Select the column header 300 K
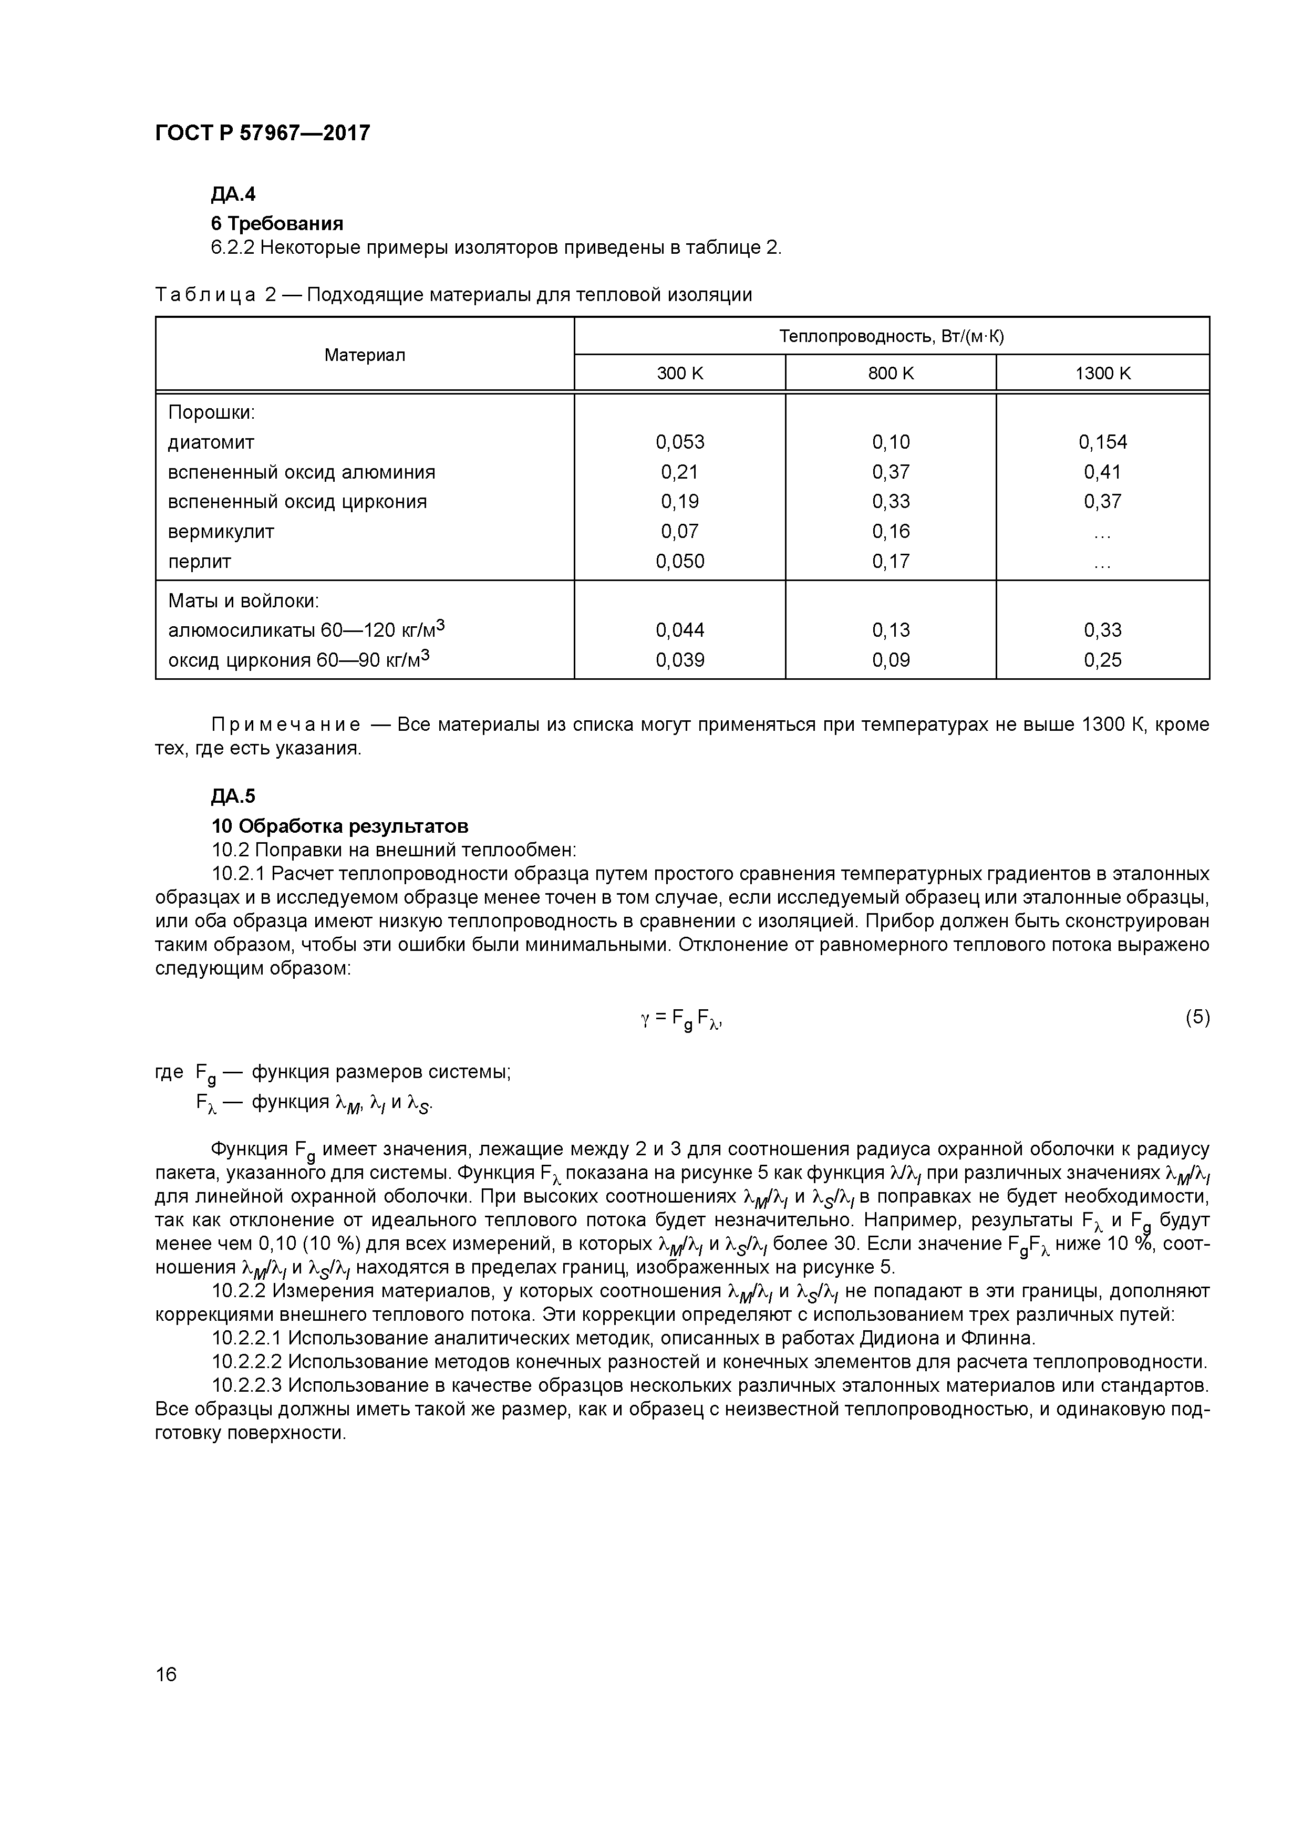click(x=679, y=373)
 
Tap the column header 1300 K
click(x=1102, y=373)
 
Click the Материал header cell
click(x=365, y=355)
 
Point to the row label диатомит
click(x=211, y=442)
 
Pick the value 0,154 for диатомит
click(x=1102, y=442)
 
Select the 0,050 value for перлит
click(x=679, y=561)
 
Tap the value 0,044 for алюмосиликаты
click(x=679, y=630)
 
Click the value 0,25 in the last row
click(x=1102, y=660)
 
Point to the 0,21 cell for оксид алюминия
click(x=679, y=472)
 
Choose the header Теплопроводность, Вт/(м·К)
click(x=891, y=336)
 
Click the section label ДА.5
click(x=233, y=796)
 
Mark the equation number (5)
click(x=1196, y=1018)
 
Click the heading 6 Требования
click(x=277, y=223)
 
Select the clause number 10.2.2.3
click(x=246, y=1385)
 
